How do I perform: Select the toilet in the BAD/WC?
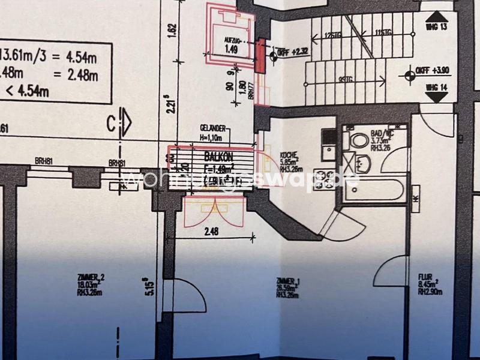(x=359, y=141)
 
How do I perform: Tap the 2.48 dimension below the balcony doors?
(x=211, y=231)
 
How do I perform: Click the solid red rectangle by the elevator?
(x=260, y=56)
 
